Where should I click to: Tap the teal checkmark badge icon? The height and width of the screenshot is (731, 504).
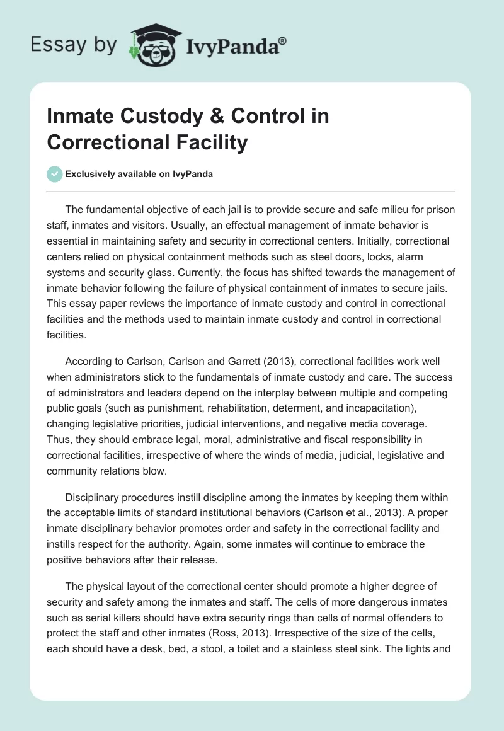click(55, 174)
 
